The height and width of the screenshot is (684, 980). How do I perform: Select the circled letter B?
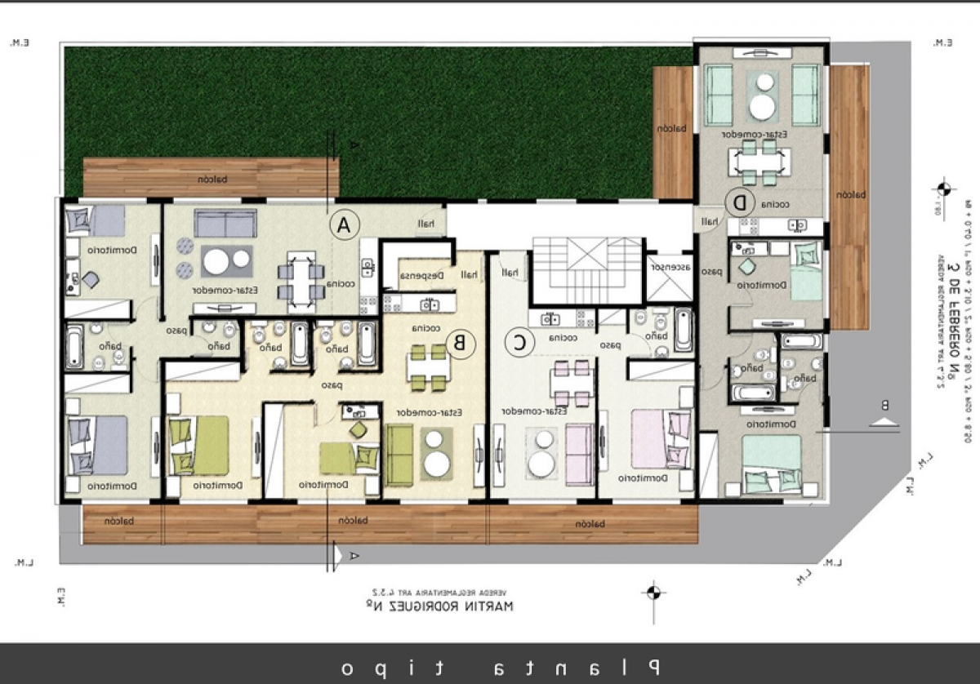click(x=460, y=344)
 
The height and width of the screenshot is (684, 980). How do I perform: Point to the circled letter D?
click(x=740, y=201)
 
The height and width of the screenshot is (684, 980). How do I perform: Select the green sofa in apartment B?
click(x=400, y=455)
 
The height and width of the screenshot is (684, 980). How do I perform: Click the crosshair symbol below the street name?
click(x=652, y=592)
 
